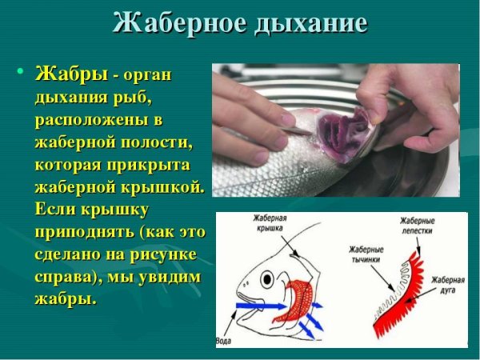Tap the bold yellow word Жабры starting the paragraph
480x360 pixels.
click(70, 75)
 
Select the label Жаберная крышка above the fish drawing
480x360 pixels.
click(272, 223)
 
